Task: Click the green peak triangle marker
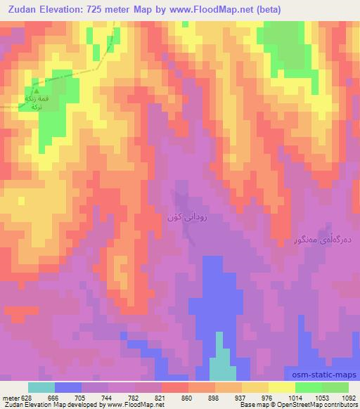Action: (36, 90)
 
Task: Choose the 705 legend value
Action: (82, 397)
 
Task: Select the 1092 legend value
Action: (347, 397)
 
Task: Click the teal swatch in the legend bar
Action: (41, 387)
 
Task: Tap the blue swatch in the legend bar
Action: (67, 387)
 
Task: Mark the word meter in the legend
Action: (10, 397)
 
